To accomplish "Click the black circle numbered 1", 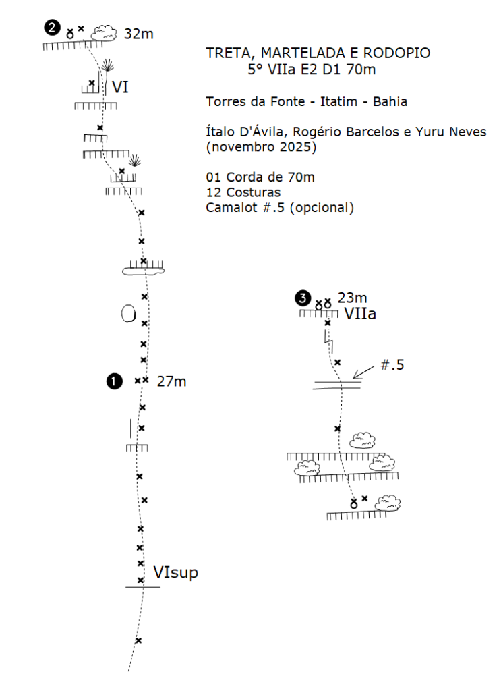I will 114,381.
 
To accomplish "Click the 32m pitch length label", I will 139,33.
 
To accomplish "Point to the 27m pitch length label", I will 171,381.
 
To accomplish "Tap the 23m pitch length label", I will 352,298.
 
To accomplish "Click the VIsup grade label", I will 175,573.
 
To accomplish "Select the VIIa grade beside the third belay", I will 360,314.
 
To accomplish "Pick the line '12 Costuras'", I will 243,192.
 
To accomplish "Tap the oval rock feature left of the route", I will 127,313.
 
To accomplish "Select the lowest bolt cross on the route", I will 138,640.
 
